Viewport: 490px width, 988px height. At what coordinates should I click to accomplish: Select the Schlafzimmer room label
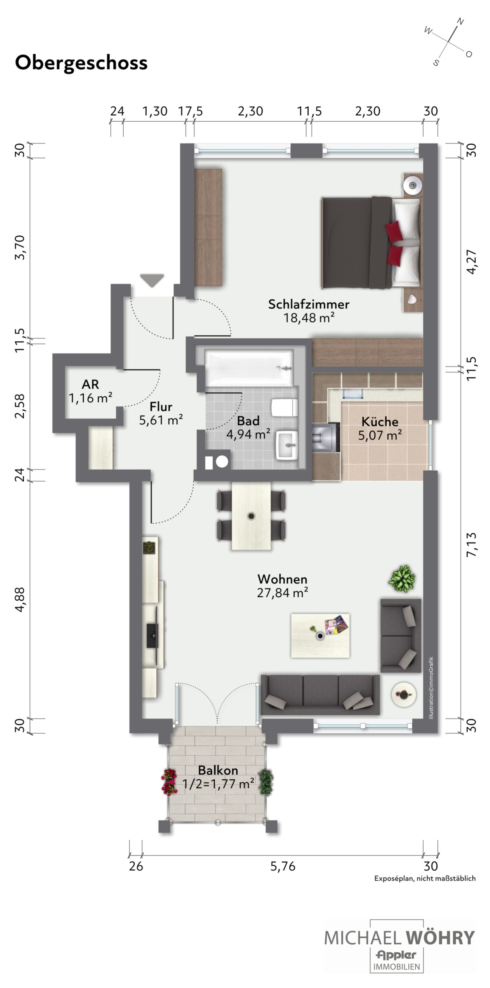pos(309,304)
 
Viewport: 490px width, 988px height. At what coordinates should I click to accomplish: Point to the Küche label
pos(380,421)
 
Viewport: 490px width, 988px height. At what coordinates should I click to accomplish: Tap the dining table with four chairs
pos(251,516)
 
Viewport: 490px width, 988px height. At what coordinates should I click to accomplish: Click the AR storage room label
pos(90,384)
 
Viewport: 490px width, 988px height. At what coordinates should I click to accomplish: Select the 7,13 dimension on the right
pos(472,545)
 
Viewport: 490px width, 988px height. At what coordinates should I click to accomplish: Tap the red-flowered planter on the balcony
pos(169,781)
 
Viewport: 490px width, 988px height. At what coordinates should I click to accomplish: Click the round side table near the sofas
pos(404,695)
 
